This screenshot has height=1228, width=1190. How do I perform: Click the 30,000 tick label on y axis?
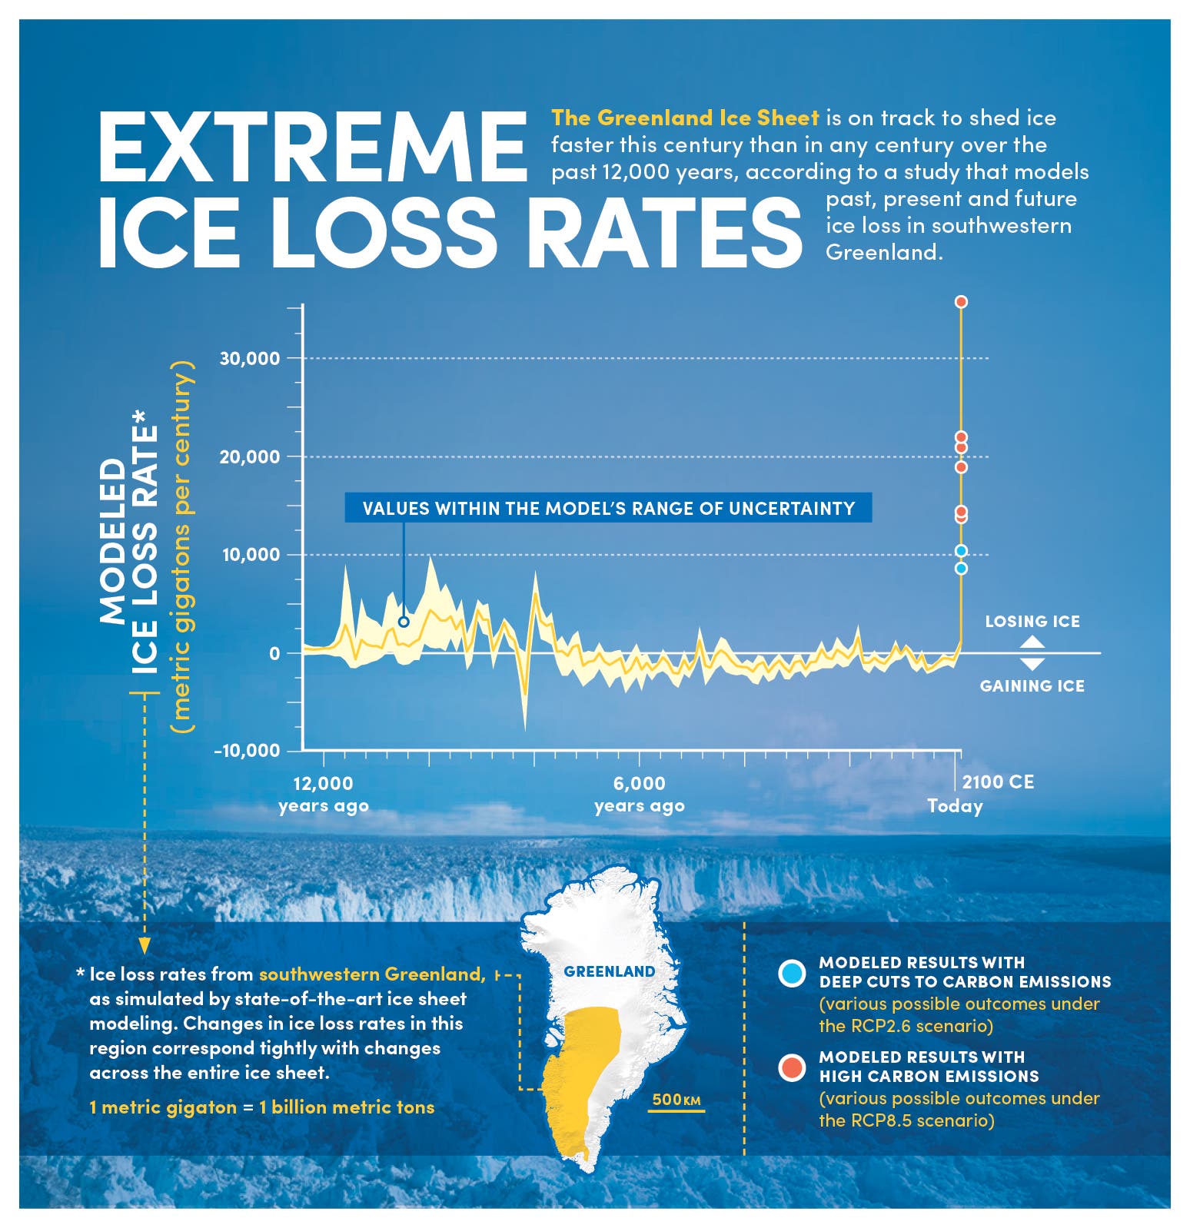(250, 358)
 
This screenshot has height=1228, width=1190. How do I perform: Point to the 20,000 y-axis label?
(250, 456)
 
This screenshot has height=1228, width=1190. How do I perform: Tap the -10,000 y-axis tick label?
(247, 751)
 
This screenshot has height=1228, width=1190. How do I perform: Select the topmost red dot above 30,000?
(961, 302)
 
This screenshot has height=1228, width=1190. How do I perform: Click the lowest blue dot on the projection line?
(961, 569)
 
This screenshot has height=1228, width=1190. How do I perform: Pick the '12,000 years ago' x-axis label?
(324, 795)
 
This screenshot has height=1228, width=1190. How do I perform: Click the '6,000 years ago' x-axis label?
(640, 795)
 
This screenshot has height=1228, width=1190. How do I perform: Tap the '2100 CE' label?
(998, 782)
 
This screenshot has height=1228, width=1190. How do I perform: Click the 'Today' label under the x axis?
(955, 806)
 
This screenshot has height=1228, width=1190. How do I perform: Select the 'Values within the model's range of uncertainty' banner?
(608, 508)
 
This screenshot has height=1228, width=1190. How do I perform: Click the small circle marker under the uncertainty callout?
(404, 622)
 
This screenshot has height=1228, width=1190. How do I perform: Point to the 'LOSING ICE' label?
(1032, 621)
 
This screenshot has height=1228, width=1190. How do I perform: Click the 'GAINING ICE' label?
(1032, 685)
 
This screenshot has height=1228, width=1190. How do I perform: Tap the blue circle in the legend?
(791, 973)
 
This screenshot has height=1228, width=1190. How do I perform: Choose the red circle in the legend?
(791, 1067)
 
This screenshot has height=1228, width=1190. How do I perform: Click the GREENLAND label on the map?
(609, 971)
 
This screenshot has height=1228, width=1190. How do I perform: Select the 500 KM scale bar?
(676, 1103)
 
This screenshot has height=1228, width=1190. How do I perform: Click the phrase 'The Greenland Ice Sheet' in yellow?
(685, 118)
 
